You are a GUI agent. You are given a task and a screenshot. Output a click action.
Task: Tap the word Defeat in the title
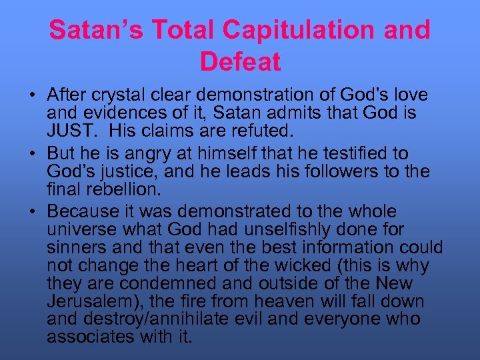pyautogui.click(x=240, y=62)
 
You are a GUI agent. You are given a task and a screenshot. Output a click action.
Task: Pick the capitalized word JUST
pyautogui.click(x=68, y=130)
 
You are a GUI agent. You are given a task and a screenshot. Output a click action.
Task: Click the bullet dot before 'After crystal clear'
pyautogui.click(x=32, y=96)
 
